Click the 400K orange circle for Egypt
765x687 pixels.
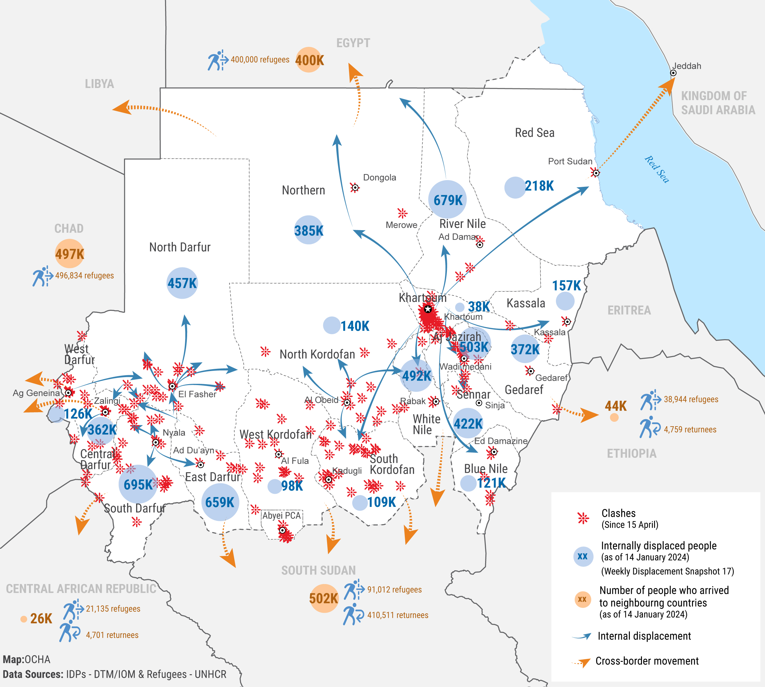pos(309,60)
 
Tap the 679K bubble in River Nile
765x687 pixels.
pos(448,199)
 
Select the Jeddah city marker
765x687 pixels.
pos(673,73)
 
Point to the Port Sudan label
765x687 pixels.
pos(570,161)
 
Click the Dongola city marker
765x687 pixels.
pos(355,187)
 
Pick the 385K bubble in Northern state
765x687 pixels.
pos(309,230)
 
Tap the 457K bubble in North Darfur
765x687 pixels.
pos(182,283)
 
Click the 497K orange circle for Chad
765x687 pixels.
pos(69,253)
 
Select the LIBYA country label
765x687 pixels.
pos(99,84)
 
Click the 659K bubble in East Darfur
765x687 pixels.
pos(220,502)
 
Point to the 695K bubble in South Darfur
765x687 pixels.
pos(138,484)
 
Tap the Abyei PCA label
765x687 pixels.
pos(281,515)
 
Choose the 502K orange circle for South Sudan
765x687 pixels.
pos(324,598)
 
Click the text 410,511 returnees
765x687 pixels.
pos(397,615)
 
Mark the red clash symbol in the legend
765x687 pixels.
pos(583,518)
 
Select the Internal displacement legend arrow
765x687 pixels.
pos(582,636)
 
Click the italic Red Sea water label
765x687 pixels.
pos(657,170)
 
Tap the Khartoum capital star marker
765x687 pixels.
pos(427,309)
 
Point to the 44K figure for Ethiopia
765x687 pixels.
pos(616,406)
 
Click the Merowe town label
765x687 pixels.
pos(401,225)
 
